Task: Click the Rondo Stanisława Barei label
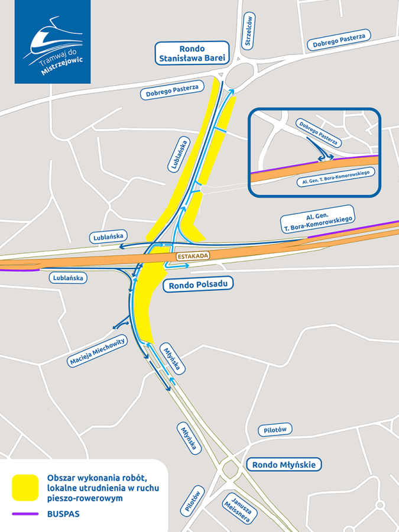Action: (x=192, y=53)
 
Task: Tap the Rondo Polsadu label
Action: (x=197, y=286)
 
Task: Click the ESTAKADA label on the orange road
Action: (x=193, y=256)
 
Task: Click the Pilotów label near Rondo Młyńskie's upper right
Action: (x=275, y=430)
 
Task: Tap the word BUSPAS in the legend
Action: (x=63, y=514)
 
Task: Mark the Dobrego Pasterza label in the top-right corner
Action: (x=339, y=40)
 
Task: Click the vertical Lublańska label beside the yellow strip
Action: (x=179, y=155)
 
